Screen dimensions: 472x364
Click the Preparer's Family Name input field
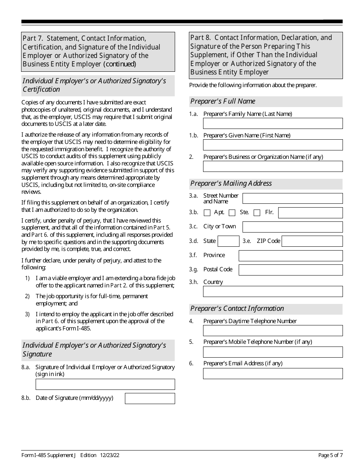(273, 123)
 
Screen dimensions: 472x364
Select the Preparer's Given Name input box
(273, 145)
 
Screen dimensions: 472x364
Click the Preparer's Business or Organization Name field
(273, 166)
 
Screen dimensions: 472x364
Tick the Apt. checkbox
(207, 213)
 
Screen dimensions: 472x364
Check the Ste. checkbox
(232, 213)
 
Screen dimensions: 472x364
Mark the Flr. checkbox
(257, 213)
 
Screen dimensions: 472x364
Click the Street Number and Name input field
(293, 198)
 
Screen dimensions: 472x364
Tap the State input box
(229, 241)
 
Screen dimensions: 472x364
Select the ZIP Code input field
(312, 241)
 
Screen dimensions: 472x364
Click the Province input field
(290, 256)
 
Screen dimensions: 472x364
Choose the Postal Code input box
(290, 270)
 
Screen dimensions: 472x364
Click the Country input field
(273, 291)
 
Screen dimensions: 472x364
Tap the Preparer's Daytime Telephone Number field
(273, 330)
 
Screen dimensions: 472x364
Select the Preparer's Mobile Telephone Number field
(273, 352)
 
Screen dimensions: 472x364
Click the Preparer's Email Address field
(273, 373)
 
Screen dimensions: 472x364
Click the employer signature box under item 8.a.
(105, 384)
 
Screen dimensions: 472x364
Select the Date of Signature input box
(150, 398)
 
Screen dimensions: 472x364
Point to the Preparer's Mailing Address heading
(231, 183)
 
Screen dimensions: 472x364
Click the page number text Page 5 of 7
(330, 455)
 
